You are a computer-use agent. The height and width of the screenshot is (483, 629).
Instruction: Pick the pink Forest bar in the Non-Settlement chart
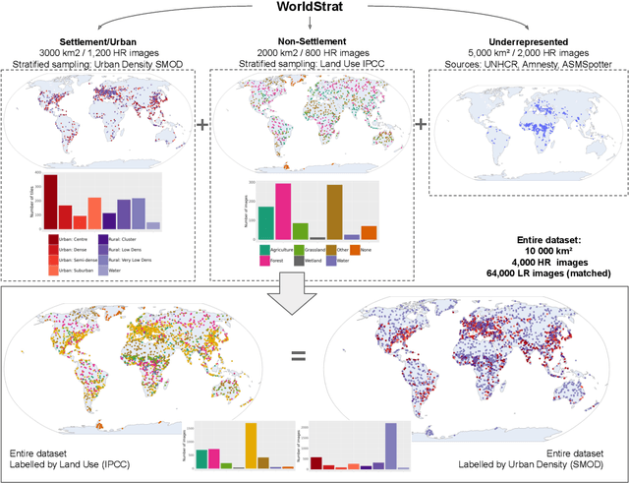(283, 211)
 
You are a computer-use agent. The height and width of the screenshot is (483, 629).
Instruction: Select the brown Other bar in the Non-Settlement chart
(334, 211)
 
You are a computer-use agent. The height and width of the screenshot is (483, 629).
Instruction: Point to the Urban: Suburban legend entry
(78, 269)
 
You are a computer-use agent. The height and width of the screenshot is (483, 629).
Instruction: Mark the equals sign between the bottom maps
(298, 356)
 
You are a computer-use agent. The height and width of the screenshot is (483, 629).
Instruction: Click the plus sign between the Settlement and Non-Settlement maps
(203, 125)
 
